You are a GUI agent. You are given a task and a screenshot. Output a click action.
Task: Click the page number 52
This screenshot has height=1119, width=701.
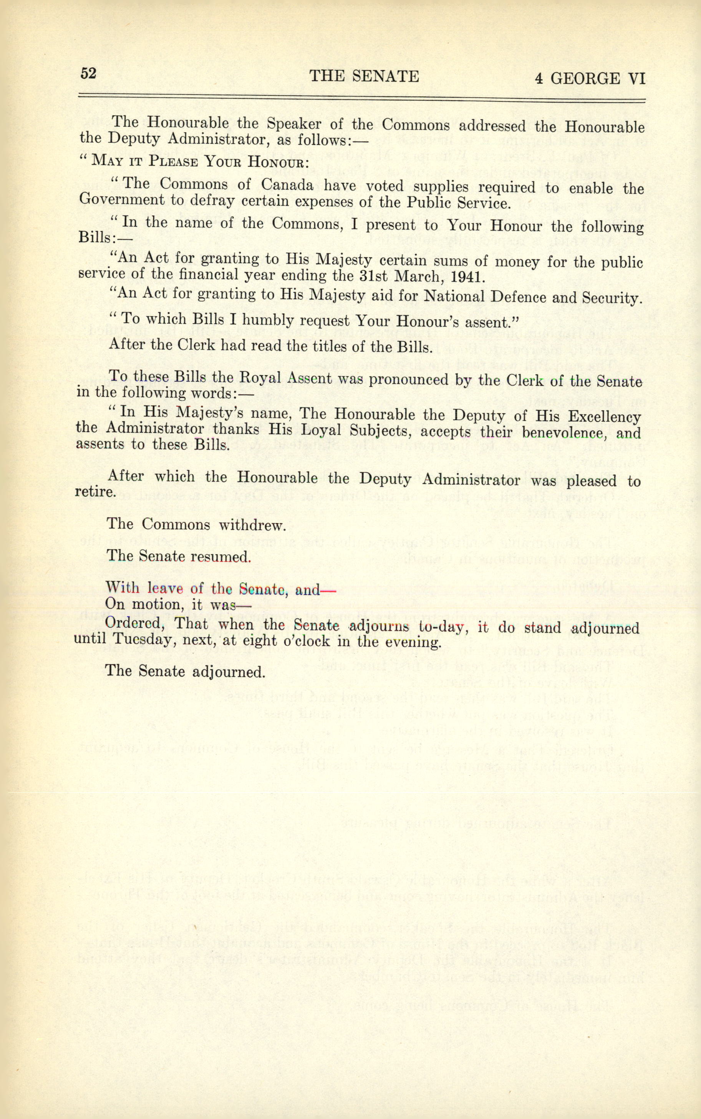[x=88, y=73]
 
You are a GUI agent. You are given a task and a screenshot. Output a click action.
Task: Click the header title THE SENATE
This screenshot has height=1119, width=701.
[x=364, y=76]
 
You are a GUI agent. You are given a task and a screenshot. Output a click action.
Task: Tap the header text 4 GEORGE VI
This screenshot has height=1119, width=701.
[x=589, y=78]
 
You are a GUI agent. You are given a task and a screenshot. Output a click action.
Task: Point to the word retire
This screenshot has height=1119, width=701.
[x=94, y=491]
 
